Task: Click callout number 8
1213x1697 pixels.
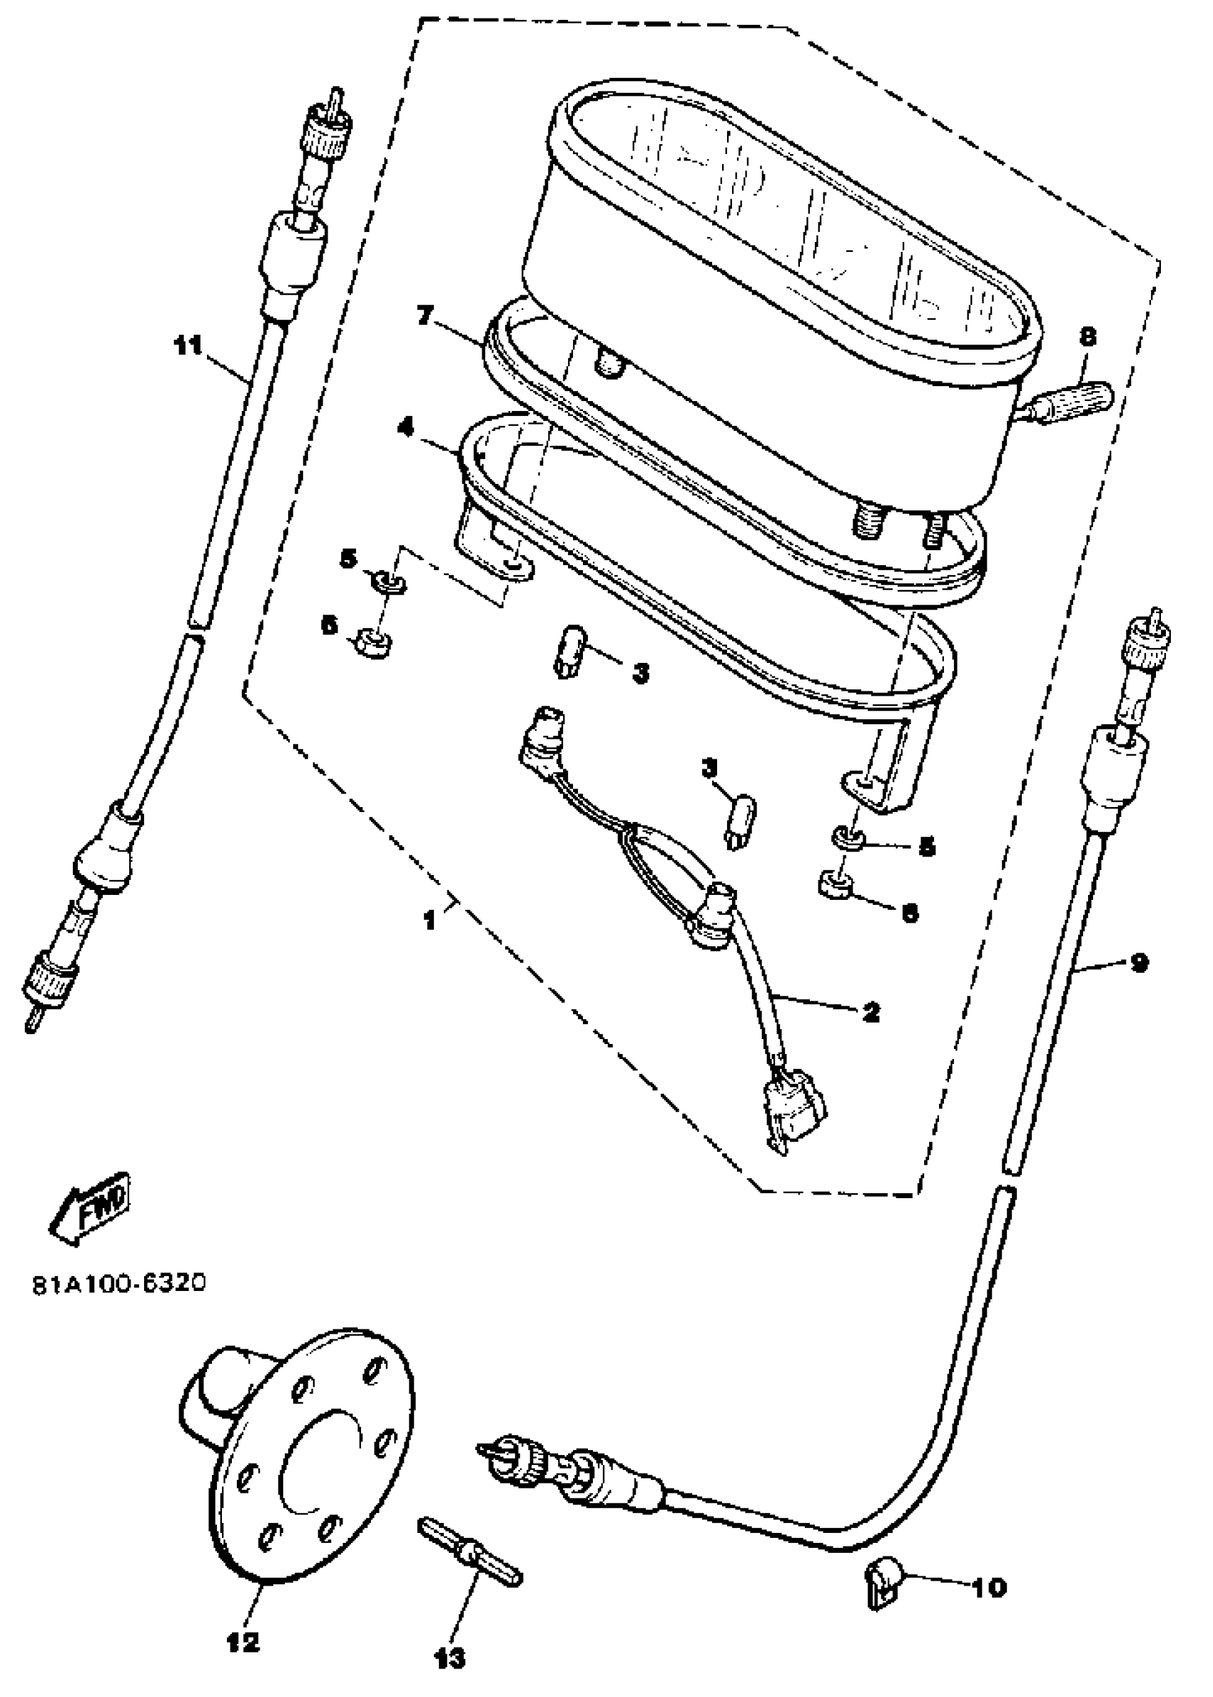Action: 1087,338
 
